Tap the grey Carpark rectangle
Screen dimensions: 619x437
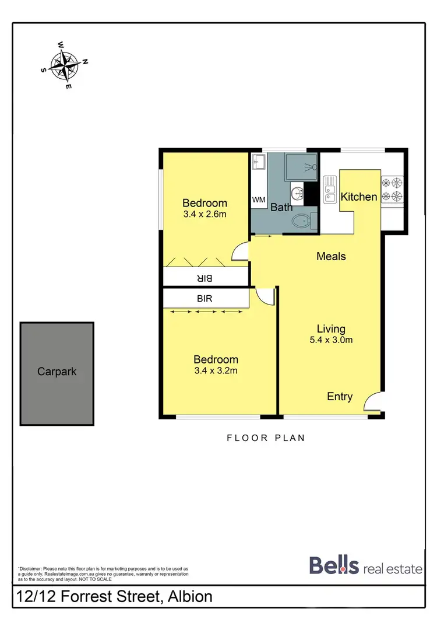click(57, 373)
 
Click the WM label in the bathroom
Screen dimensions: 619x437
click(259, 200)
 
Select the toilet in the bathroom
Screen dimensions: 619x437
click(302, 221)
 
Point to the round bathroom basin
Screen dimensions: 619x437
click(297, 193)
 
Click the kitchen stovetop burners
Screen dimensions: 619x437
click(392, 189)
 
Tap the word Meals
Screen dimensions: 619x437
click(331, 256)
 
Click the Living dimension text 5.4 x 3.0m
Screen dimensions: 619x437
click(331, 341)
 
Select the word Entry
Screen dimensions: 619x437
click(340, 397)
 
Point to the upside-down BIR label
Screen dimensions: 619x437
click(204, 278)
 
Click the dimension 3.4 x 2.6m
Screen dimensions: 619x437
click(205, 214)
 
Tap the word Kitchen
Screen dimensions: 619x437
click(359, 197)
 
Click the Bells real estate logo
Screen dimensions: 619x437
click(366, 566)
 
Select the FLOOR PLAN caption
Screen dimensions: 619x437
click(266, 438)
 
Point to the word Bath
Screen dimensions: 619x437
click(281, 207)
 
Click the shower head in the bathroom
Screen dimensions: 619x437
click(313, 167)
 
